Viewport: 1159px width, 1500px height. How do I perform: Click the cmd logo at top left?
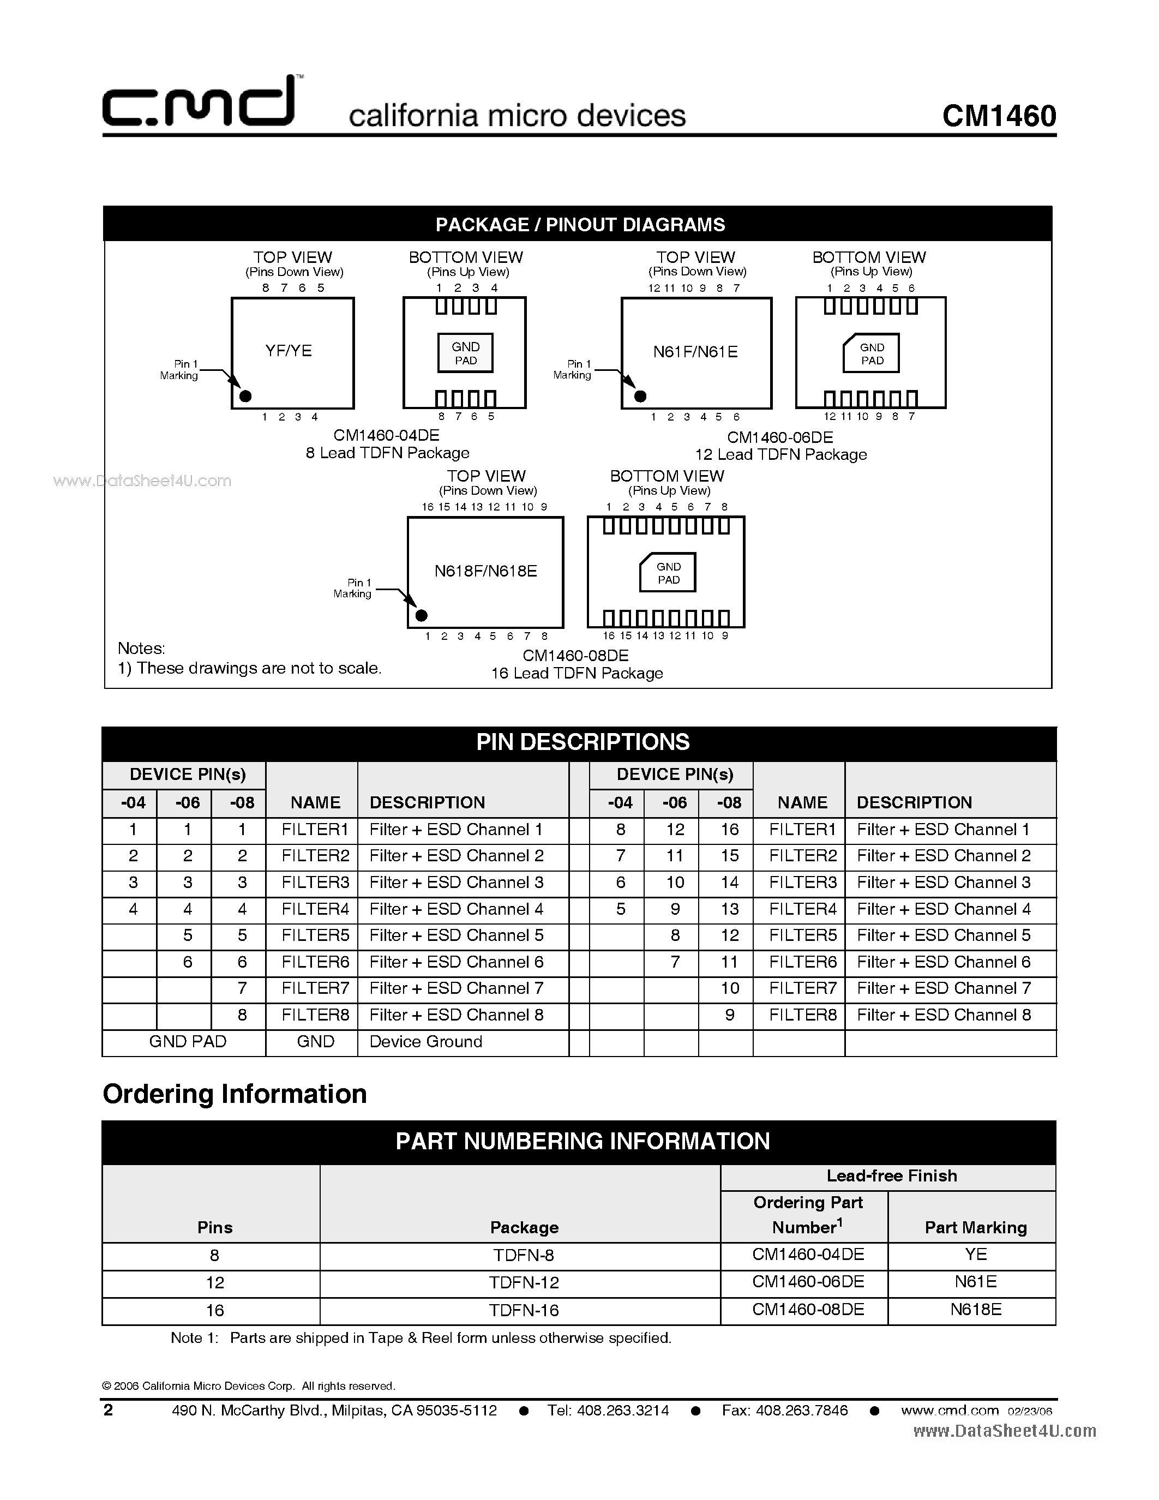click(x=199, y=103)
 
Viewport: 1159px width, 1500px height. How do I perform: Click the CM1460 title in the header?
click(x=999, y=116)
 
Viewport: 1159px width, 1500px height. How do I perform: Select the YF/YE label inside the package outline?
click(x=289, y=351)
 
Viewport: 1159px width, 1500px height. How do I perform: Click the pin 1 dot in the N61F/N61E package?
click(x=640, y=397)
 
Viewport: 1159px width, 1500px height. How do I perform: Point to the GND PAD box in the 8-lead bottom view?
click(x=466, y=353)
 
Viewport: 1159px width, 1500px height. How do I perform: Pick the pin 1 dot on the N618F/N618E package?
click(x=422, y=615)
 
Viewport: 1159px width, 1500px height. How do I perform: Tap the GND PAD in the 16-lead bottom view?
click(x=668, y=573)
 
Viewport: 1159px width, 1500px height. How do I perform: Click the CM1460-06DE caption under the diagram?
click(x=780, y=437)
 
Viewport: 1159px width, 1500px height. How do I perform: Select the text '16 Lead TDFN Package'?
click(x=577, y=674)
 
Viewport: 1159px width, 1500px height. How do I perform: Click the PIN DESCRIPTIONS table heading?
click(x=582, y=742)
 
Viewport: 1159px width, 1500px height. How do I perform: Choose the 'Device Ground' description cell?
click(x=426, y=1042)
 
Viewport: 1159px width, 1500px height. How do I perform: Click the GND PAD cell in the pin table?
click(x=188, y=1042)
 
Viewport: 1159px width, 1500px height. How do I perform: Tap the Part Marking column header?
click(x=976, y=1227)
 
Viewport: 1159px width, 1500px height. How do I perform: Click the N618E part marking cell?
click(x=976, y=1310)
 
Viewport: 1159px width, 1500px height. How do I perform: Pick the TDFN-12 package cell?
click(x=524, y=1283)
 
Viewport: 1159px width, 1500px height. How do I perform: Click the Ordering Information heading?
click(x=235, y=1094)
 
